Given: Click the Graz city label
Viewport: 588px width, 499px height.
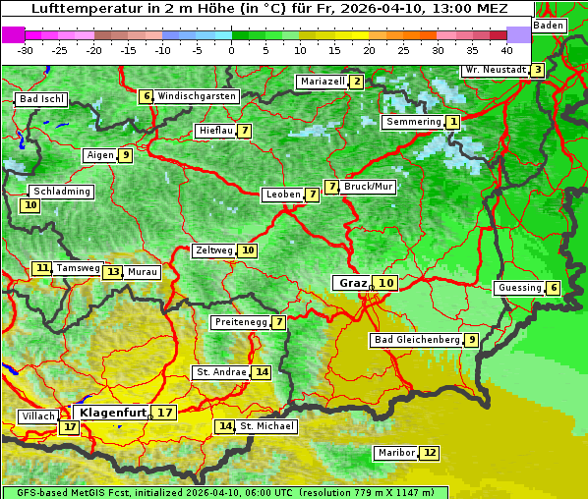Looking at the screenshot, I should tap(352, 283).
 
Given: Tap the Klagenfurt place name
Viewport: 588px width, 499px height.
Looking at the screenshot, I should tap(113, 413).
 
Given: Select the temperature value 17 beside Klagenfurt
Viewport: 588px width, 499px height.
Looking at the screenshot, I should tap(164, 413).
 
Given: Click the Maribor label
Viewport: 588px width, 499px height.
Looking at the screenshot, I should tap(395, 453).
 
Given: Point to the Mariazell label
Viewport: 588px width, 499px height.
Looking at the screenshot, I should tap(323, 82).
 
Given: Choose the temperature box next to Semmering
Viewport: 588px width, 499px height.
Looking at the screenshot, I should tap(452, 122).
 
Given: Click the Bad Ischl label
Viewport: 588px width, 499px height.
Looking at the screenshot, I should tap(41, 99).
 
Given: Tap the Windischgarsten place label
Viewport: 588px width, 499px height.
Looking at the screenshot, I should tap(197, 96).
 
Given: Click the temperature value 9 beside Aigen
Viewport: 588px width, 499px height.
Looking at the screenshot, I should tap(126, 155).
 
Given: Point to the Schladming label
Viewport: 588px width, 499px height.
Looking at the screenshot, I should tap(61, 192).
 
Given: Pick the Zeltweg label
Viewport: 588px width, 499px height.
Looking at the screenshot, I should tap(213, 250).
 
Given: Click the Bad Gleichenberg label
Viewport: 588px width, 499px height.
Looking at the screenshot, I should tap(416, 340).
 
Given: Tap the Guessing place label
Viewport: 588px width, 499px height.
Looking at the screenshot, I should tap(518, 288).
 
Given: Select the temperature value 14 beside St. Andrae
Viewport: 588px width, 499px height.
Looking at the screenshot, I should tap(261, 372).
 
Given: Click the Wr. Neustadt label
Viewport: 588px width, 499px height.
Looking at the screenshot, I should tap(495, 70).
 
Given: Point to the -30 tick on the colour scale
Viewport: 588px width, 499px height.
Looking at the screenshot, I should tap(26, 50).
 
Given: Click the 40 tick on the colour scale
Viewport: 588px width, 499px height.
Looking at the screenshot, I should tap(506, 50).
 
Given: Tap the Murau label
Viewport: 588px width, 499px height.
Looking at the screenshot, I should tap(143, 272).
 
